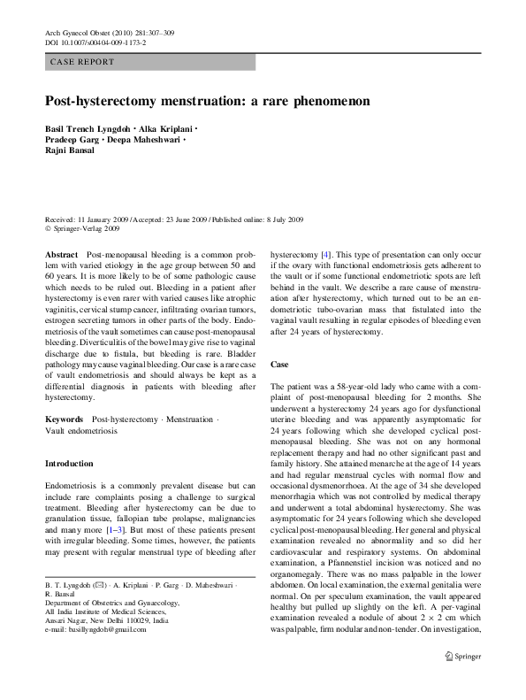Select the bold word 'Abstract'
[x=62, y=254]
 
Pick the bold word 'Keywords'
[x=65, y=419]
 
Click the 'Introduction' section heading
[x=68, y=464]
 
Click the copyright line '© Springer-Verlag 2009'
[x=82, y=227]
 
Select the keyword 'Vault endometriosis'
[x=82, y=429]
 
